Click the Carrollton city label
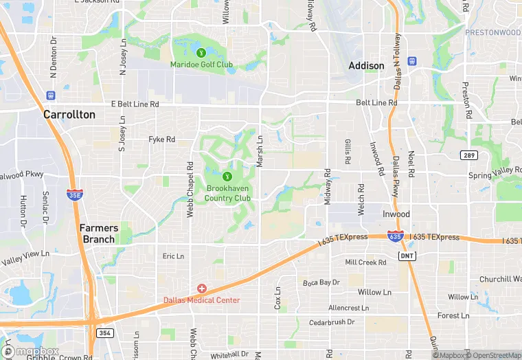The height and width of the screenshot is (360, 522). click(69, 115)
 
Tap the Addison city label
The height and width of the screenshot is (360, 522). click(366, 66)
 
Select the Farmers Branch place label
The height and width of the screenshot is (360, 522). click(99, 234)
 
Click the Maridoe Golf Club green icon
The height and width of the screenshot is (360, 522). click(201, 52)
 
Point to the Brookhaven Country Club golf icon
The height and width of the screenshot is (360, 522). click(227, 177)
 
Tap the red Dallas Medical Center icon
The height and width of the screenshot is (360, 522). click(202, 289)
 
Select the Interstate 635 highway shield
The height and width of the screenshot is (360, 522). click(394, 236)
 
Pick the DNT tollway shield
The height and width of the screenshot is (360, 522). click(407, 256)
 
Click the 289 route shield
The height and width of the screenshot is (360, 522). click(469, 155)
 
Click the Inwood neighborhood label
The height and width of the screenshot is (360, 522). click(396, 214)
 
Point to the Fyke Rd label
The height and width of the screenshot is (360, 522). click(162, 139)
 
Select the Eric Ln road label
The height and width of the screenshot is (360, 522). click(173, 256)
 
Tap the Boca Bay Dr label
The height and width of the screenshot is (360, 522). click(321, 282)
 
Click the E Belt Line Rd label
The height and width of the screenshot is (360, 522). click(135, 104)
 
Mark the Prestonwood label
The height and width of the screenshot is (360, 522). click(493, 32)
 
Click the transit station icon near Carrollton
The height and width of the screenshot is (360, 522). click(50, 95)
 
